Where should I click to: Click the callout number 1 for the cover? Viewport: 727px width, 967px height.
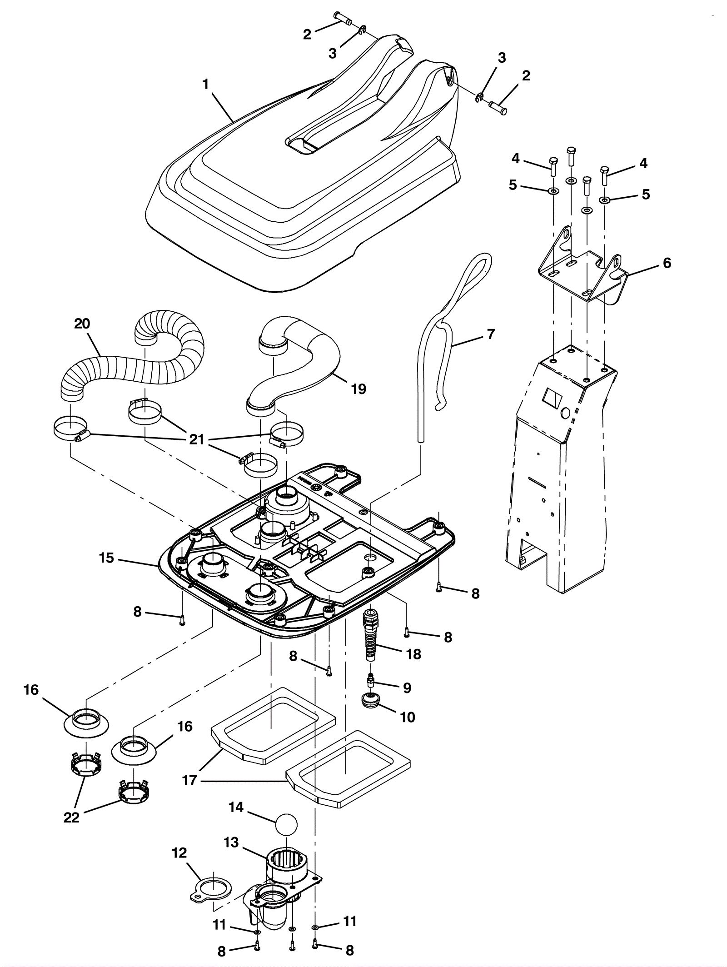(206, 85)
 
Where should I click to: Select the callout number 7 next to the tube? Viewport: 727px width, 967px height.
(490, 334)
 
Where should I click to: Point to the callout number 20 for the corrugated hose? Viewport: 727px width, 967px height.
(82, 324)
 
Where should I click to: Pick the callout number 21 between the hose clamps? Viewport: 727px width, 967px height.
(196, 440)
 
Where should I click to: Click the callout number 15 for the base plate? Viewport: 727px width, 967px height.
(106, 558)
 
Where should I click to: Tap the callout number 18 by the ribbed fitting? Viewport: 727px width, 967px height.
(413, 654)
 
